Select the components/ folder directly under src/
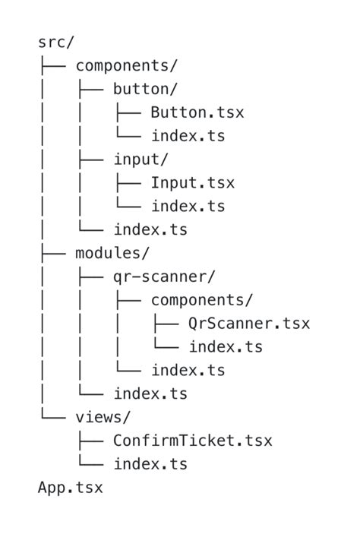coord(126,66)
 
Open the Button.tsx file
coord(197,113)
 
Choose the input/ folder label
coord(141,160)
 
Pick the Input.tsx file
coord(192,183)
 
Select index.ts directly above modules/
coord(150,230)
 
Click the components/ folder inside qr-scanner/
coord(201,300)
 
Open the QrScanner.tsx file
coord(248,324)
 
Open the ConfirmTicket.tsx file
coord(192,441)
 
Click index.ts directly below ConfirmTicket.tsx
coord(150,464)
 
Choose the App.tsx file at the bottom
coord(70,488)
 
